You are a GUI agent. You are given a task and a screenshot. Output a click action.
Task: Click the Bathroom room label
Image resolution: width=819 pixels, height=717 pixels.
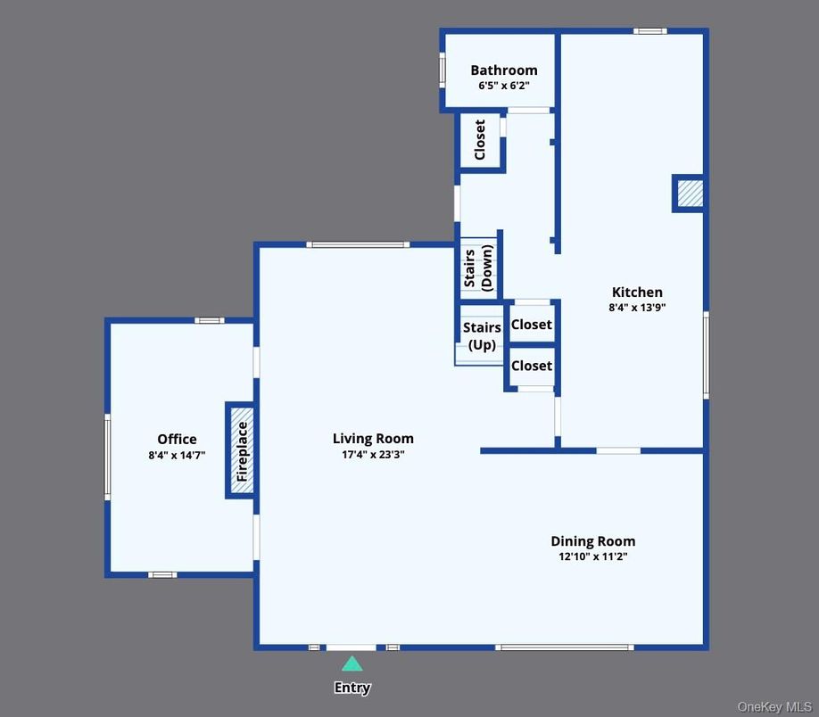(x=503, y=70)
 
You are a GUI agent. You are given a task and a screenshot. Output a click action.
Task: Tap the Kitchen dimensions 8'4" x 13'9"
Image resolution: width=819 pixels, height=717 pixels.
(x=637, y=308)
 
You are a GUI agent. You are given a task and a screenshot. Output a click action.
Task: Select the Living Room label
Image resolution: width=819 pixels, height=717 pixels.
(x=373, y=438)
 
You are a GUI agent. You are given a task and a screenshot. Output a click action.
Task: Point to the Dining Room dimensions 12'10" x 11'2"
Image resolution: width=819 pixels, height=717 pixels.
(x=592, y=557)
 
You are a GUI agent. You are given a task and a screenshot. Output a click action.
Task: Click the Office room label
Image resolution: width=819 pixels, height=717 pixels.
(x=177, y=439)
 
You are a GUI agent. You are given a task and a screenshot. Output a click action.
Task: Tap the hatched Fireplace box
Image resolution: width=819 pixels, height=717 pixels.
(x=241, y=450)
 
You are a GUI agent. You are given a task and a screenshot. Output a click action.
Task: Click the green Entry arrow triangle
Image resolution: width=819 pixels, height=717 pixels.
(x=352, y=663)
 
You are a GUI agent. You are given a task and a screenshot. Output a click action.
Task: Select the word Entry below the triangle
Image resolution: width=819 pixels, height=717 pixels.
(x=352, y=688)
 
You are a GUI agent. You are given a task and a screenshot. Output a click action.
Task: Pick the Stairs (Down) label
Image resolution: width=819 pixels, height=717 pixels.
(x=478, y=268)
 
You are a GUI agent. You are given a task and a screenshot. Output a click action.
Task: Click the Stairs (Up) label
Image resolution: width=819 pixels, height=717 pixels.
(x=482, y=336)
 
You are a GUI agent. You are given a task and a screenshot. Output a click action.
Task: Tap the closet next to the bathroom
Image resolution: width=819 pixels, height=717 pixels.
(x=480, y=140)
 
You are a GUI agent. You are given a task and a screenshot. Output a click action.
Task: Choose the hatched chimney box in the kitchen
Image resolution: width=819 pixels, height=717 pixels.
(x=689, y=194)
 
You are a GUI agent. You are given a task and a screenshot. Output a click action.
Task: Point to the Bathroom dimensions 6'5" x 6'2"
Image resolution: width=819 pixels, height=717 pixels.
(x=503, y=87)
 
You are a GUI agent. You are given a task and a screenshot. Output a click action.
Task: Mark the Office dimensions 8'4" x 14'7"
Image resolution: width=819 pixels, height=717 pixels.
(x=177, y=456)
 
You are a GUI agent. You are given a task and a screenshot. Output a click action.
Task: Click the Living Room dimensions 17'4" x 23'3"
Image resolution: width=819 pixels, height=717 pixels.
(x=373, y=455)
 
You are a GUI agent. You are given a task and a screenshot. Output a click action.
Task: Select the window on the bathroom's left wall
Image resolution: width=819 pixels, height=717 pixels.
(x=443, y=70)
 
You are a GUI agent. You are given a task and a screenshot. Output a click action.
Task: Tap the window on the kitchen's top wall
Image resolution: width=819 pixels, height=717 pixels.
(x=650, y=32)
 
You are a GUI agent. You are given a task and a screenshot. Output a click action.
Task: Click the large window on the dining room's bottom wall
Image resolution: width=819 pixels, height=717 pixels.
(x=565, y=647)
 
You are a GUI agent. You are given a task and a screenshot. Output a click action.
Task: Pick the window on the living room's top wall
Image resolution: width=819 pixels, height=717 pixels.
(x=357, y=244)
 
